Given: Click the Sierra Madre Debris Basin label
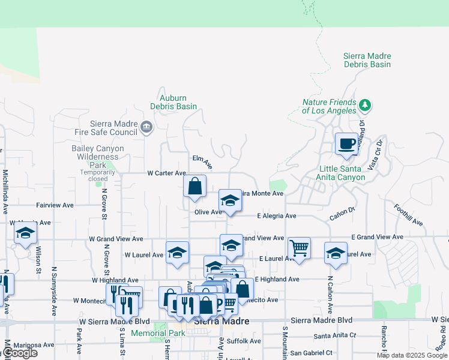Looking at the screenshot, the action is point(367,60).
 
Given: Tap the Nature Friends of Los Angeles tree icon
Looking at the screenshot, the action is point(364,106).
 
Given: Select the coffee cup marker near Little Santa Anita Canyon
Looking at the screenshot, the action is point(346,144).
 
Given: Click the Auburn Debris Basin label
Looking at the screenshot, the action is point(173,102).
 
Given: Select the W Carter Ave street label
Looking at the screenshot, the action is point(167,173).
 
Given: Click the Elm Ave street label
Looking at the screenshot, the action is point(202,161).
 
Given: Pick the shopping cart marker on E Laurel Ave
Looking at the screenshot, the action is point(299,247).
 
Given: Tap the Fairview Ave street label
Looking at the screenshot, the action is point(55,205).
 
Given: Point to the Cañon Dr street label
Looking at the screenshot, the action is point(343,211).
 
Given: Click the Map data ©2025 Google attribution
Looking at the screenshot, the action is point(412,355).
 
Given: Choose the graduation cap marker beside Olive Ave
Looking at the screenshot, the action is point(229,202).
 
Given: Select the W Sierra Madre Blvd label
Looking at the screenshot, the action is point(112,321).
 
